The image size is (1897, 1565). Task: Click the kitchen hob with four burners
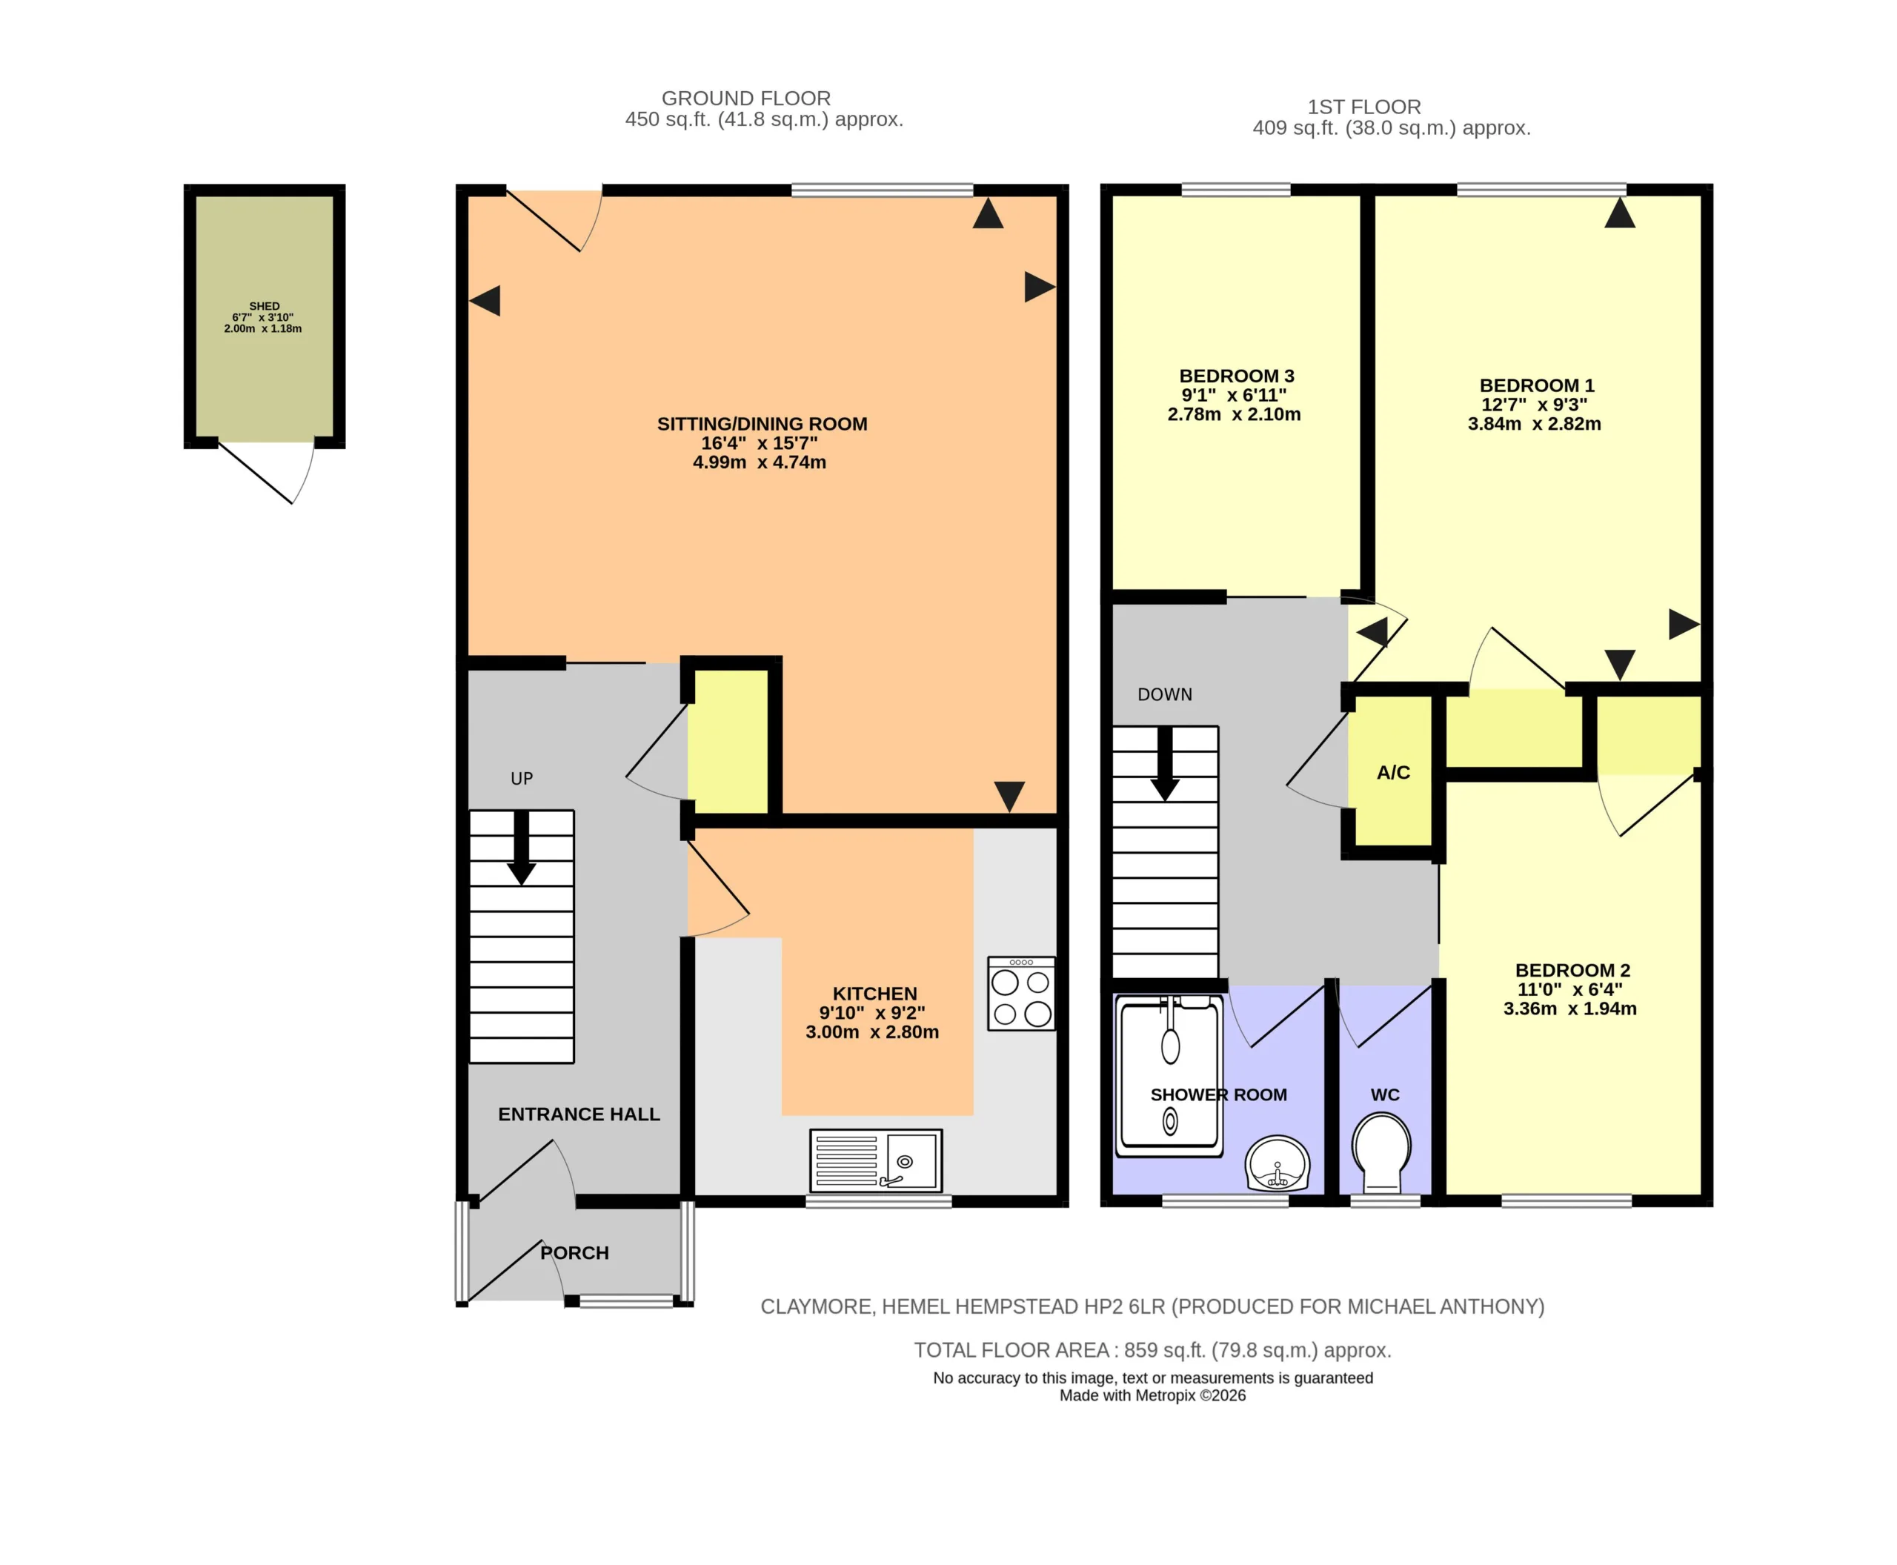[x=1020, y=994]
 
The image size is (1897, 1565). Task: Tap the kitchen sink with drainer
[x=875, y=1160]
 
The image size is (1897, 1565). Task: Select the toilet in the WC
[x=1381, y=1152]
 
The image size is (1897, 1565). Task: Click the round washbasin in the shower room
[x=1277, y=1163]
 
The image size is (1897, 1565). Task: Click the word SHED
[x=265, y=307]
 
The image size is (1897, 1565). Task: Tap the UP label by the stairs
[x=521, y=778]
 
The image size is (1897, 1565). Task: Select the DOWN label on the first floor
[x=1164, y=694]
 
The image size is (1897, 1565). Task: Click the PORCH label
[x=574, y=1252]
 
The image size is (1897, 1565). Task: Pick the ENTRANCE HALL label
[x=579, y=1114]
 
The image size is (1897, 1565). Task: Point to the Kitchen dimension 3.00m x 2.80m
[x=872, y=1032]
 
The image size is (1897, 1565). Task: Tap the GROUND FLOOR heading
[x=745, y=99]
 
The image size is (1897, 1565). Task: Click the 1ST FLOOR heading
[x=1363, y=107]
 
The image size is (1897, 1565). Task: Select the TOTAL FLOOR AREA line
[x=1152, y=1349]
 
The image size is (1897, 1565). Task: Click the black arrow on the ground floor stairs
[x=521, y=848]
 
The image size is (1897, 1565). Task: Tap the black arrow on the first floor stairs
[x=1164, y=763]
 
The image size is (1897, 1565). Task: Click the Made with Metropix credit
[x=1152, y=1395]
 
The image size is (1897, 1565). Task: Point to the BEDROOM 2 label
[x=1572, y=970]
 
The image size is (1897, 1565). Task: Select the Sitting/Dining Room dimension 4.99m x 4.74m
[x=759, y=462]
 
